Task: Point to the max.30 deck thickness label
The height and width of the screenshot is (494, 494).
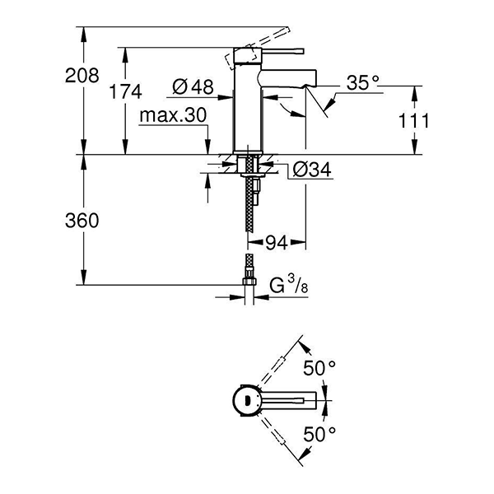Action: [172, 116]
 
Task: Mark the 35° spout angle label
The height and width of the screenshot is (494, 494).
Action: [363, 83]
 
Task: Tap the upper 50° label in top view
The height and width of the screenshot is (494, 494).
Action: [320, 368]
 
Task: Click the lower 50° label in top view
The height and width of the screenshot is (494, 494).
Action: [320, 431]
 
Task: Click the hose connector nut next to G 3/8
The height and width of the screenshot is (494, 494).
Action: [247, 280]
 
